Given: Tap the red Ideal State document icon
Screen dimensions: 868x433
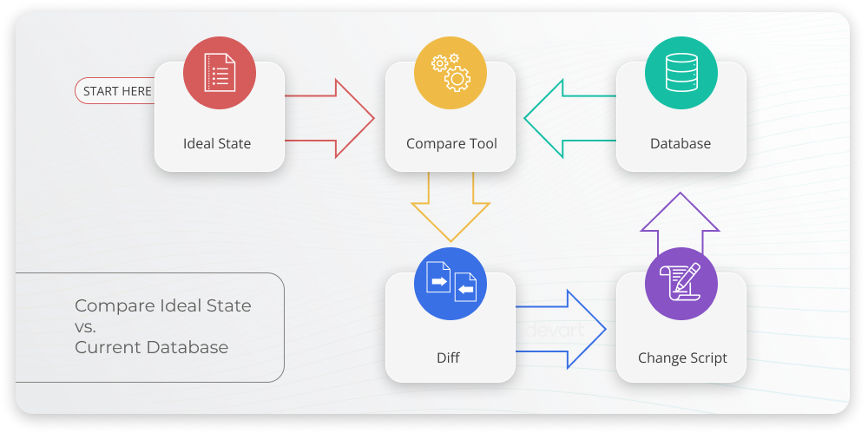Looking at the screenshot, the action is pos(220,73).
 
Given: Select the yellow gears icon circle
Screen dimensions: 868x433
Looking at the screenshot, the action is pos(450,73).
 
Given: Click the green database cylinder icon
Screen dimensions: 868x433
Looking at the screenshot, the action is pos(681,73).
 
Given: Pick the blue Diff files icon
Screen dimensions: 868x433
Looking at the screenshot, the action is pos(450,284).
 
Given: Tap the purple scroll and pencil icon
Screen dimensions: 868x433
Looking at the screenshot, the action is pos(681,284).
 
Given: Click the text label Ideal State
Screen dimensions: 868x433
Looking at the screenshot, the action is pos(217,143).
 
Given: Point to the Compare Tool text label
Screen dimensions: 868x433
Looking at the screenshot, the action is pos(451,144).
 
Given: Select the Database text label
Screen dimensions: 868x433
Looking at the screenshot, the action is pos(681,143).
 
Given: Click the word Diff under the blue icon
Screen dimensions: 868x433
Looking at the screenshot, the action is pos(448,358).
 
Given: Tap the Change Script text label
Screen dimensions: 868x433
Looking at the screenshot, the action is pos(682,358).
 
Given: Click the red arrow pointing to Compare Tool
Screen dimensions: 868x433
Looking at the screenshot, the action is pos(330,119).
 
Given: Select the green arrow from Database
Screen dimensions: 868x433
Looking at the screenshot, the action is pos(570,119).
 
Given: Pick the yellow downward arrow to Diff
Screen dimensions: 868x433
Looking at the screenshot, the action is pos(450,207).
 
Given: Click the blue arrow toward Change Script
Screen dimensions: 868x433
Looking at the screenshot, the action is pos(561,330).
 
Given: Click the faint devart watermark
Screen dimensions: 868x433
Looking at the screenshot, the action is pos(556,331).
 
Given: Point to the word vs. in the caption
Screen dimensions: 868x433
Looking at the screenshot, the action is pos(85,327).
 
